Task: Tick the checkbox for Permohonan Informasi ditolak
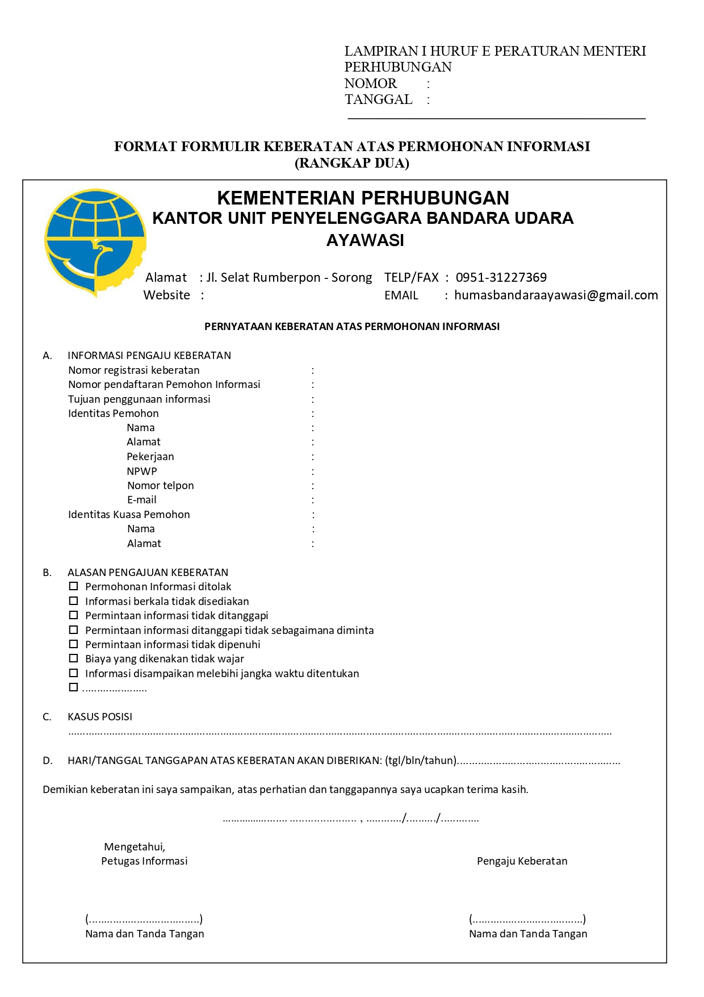(73, 586)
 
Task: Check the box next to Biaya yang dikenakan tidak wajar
(73, 658)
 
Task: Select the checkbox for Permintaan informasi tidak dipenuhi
(73, 644)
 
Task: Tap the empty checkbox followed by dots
(73, 687)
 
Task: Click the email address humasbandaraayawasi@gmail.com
(556, 295)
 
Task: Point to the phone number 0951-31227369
(501, 277)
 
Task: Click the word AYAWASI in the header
(365, 240)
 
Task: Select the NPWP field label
(142, 471)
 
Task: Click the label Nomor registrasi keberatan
(134, 370)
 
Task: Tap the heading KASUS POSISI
(100, 717)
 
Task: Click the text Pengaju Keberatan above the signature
(522, 861)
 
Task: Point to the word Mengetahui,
(135, 846)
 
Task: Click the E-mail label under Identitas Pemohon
(142, 500)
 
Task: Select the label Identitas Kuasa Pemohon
(129, 514)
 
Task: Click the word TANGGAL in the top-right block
(378, 99)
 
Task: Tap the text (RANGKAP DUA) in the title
(352, 163)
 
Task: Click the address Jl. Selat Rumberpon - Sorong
(289, 277)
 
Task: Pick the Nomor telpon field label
(161, 485)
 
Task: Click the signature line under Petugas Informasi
(144, 919)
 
